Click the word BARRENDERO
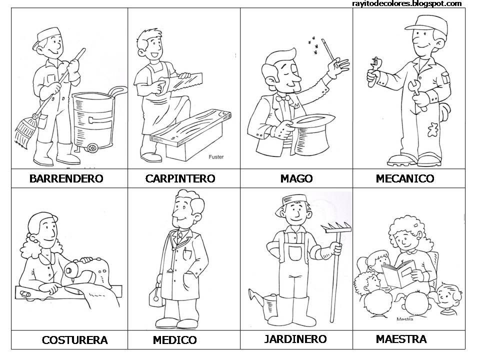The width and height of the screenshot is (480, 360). [x=66, y=178]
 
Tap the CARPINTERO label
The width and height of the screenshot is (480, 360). [x=180, y=178]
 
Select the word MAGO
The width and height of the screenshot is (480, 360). [x=296, y=178]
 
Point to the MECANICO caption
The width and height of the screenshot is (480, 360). [x=404, y=178]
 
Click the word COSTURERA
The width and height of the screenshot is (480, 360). [x=74, y=340]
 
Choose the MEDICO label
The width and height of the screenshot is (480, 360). [x=175, y=340]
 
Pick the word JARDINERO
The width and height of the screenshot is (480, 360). [x=295, y=339]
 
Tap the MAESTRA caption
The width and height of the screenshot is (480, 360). [x=401, y=339]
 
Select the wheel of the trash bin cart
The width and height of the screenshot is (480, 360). [x=92, y=148]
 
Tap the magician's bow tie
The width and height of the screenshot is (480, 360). [x=283, y=98]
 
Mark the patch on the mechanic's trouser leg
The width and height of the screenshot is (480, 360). [x=433, y=129]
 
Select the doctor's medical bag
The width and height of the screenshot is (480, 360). [x=156, y=294]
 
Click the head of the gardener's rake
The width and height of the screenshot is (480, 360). [x=336, y=227]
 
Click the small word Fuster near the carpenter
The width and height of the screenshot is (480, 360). [x=216, y=156]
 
